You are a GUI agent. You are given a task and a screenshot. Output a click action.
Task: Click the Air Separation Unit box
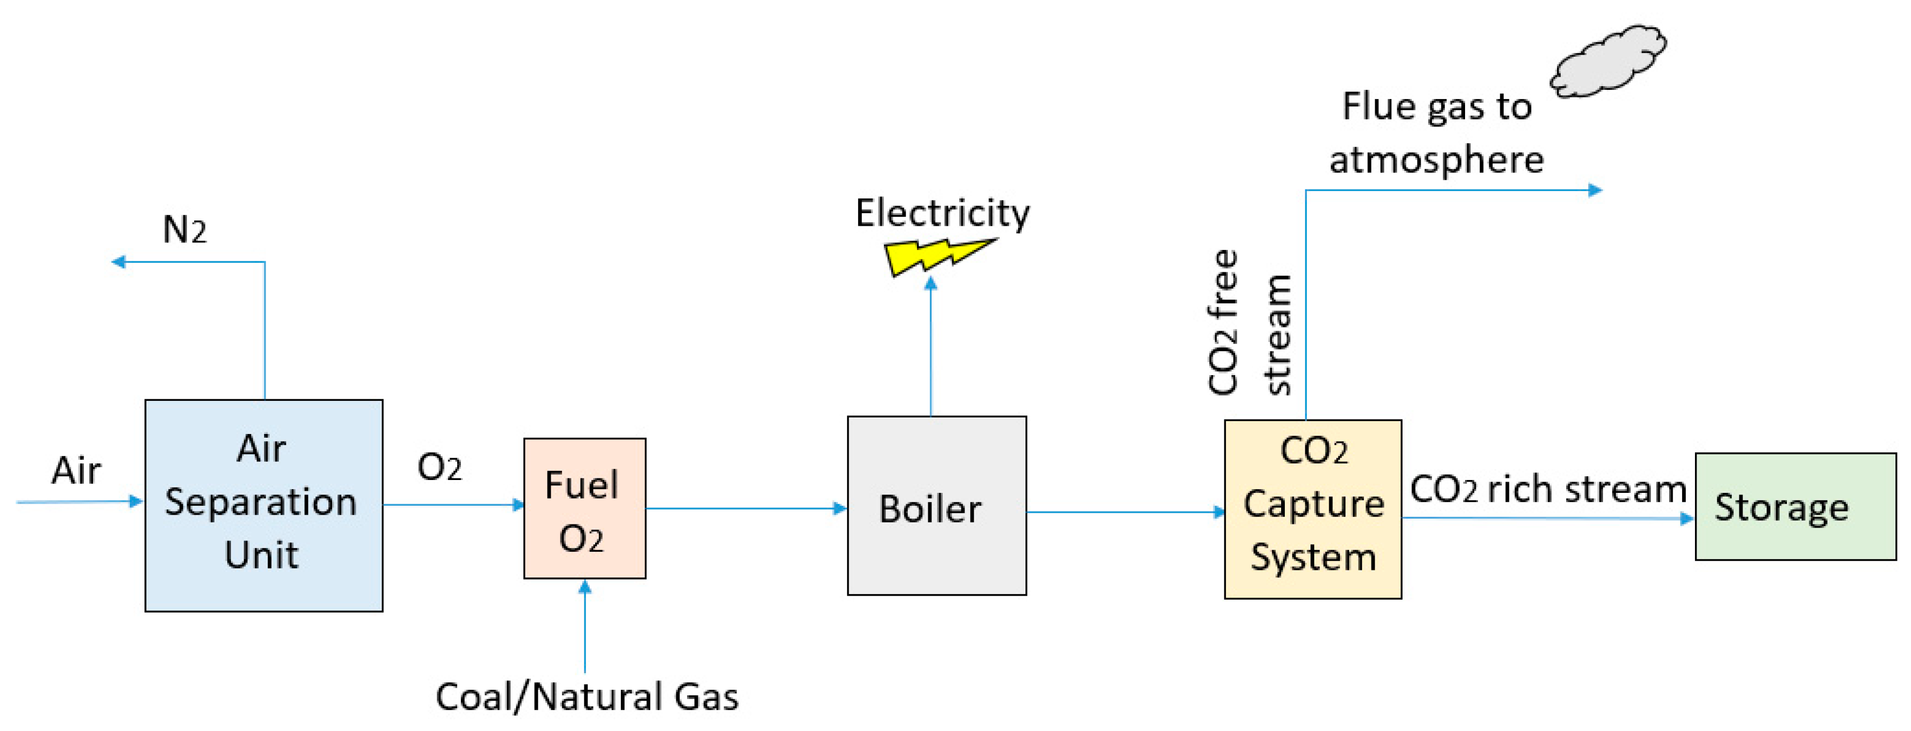[x=264, y=505]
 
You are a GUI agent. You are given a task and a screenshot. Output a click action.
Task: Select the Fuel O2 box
[x=584, y=508]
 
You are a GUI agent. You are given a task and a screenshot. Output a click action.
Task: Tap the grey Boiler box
[x=936, y=505]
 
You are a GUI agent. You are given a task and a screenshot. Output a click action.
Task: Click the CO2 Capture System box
[x=1312, y=509]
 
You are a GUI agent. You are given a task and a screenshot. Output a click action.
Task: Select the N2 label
[x=184, y=230]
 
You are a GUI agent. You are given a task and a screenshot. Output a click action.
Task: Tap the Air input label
[x=76, y=470]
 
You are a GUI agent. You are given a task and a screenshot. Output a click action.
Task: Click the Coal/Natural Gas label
[x=587, y=697]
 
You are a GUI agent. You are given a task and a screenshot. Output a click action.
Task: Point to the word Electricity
[x=942, y=214]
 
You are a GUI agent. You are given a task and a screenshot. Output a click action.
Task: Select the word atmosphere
[x=1436, y=159]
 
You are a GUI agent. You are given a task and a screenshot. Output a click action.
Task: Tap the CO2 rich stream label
[x=1547, y=489]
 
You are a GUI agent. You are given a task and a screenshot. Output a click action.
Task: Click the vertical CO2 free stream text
[x=1250, y=323]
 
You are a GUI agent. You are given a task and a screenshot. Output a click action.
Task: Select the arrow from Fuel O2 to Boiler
[x=745, y=508]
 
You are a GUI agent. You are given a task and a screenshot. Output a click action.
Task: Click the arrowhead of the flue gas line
[x=1594, y=190]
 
